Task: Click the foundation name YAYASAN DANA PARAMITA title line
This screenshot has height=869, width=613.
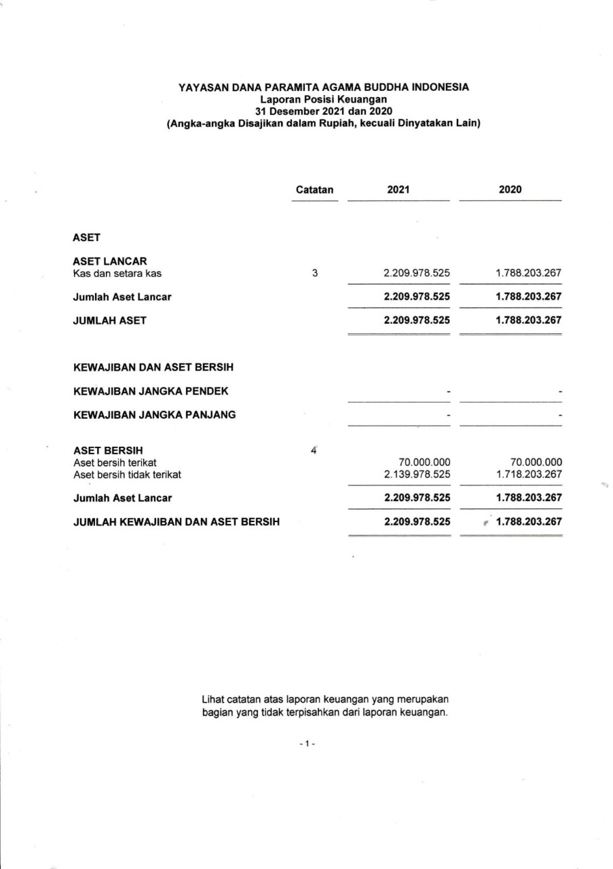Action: [323, 87]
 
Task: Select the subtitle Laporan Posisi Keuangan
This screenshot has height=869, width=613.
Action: [323, 99]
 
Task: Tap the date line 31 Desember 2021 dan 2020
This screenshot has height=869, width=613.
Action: [323, 111]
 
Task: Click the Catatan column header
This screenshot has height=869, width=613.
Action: [315, 190]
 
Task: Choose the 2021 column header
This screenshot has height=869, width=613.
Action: [398, 190]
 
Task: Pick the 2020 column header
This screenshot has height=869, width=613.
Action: [510, 190]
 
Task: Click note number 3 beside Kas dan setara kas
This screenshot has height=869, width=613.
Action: [315, 274]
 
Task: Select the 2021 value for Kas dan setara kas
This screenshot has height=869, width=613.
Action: [417, 274]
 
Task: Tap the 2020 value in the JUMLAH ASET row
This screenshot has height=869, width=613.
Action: [529, 320]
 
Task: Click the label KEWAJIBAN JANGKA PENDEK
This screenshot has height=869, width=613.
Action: [151, 391]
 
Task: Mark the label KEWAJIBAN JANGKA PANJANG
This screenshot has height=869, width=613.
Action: [154, 414]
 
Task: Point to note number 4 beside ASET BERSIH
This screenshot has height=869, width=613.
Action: [314, 449]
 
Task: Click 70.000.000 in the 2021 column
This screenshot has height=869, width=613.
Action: [426, 462]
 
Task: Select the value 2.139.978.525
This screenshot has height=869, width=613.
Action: [417, 475]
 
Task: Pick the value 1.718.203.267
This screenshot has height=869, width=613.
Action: [529, 475]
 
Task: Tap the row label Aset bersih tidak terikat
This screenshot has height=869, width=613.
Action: [127, 475]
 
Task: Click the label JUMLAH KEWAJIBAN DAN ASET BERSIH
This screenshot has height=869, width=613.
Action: [177, 522]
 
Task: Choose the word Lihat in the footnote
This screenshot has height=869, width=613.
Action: [212, 698]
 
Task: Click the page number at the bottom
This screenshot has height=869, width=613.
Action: [306, 744]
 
